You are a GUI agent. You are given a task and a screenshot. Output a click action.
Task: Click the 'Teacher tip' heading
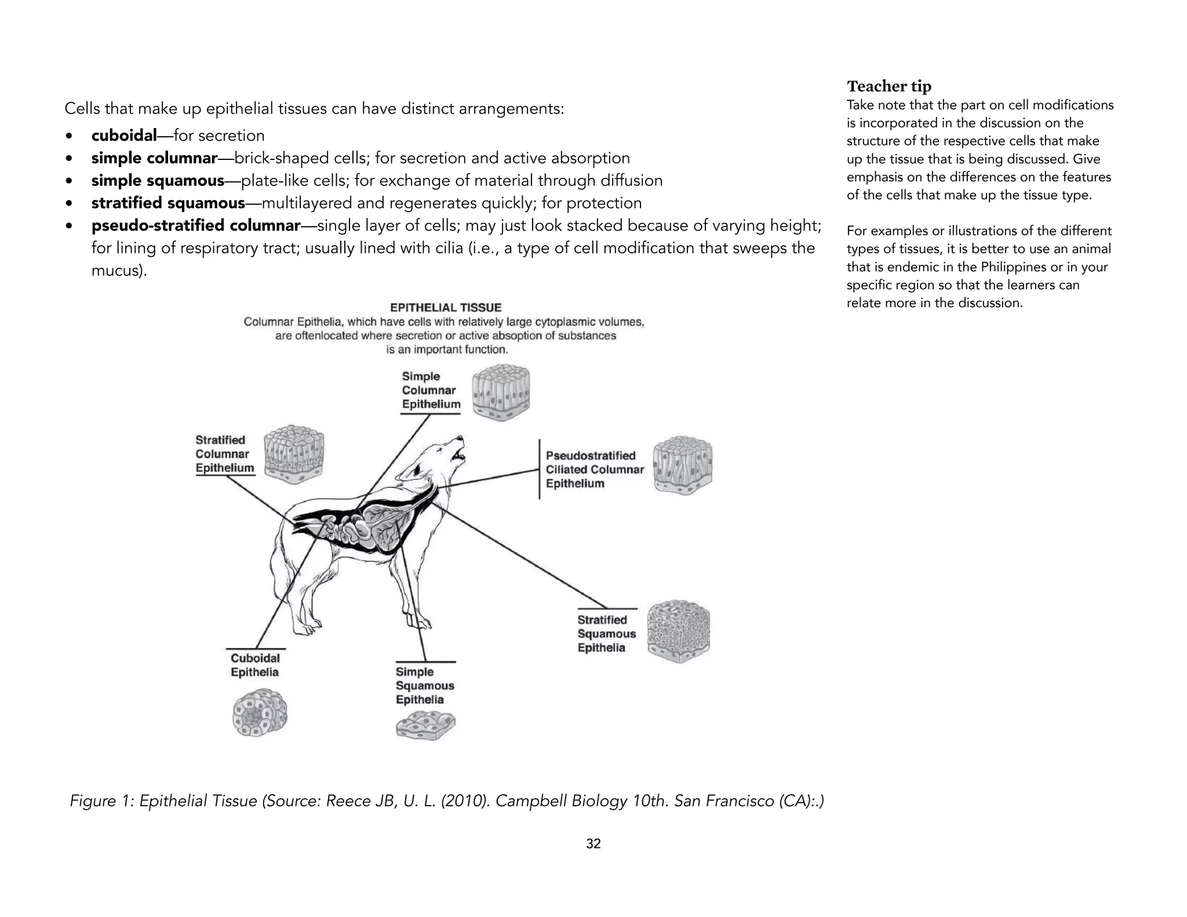(x=889, y=86)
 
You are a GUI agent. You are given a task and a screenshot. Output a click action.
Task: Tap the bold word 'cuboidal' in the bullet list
(x=124, y=136)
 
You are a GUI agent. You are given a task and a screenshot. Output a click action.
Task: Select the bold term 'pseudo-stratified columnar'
(x=196, y=225)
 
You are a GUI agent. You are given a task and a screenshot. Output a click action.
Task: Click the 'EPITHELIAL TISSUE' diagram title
(x=445, y=308)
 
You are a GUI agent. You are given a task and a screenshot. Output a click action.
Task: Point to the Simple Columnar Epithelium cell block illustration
(x=501, y=392)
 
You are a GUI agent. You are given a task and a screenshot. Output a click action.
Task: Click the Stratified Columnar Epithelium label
(x=224, y=454)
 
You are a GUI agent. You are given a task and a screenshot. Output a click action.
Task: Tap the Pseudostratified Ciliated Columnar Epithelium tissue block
(x=682, y=465)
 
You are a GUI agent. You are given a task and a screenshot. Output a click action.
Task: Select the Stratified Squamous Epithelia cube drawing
(x=678, y=631)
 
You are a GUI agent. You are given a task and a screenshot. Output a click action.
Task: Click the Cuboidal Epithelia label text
(x=255, y=665)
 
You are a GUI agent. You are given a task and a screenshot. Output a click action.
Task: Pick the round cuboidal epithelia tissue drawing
(x=260, y=713)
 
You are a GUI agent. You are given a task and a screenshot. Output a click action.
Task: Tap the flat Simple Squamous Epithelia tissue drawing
(x=425, y=726)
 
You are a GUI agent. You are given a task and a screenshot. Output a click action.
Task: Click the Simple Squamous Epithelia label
(x=424, y=686)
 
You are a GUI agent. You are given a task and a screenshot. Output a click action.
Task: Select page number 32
(x=593, y=844)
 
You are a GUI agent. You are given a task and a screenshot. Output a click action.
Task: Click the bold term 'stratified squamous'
(x=168, y=203)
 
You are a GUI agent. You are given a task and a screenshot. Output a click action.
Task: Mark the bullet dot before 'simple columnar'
(x=70, y=159)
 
